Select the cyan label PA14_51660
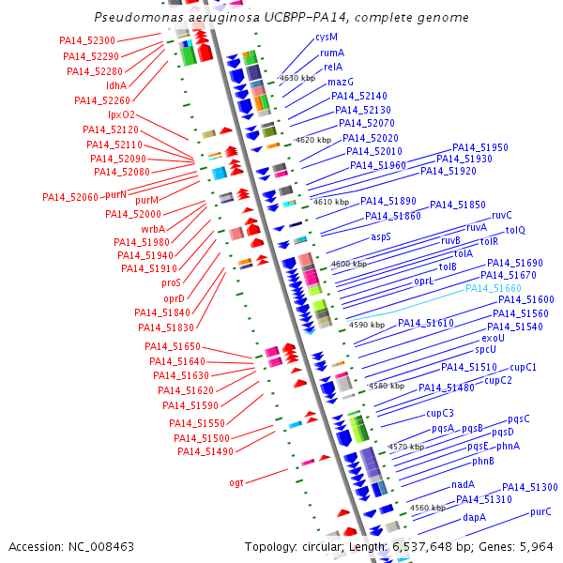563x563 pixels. [x=494, y=288]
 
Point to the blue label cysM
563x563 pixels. [x=327, y=38]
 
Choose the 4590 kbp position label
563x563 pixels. [x=366, y=325]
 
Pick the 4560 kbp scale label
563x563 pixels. [x=427, y=508]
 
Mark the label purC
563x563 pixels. [x=540, y=512]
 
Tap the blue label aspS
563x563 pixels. [x=381, y=236]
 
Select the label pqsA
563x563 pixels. [x=443, y=428]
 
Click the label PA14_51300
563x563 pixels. [x=529, y=487]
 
